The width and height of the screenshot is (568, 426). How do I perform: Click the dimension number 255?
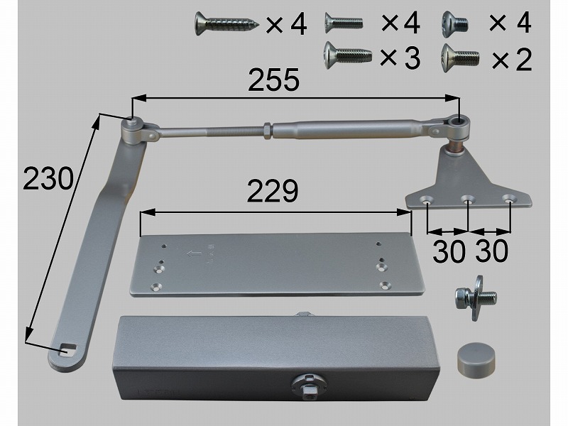coord(274,80)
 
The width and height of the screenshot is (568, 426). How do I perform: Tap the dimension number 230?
coord(48,178)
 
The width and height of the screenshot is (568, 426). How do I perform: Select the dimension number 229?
coord(273,190)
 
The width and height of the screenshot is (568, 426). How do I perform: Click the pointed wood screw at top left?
coord(227,24)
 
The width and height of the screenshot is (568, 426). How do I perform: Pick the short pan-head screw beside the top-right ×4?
coord(455,24)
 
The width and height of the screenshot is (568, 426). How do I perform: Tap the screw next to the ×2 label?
coord(460,58)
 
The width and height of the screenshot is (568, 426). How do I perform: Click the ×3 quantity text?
coord(400,58)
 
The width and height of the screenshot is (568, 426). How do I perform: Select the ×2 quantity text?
coord(512,60)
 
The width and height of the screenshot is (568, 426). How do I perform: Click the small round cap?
coord(476,359)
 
